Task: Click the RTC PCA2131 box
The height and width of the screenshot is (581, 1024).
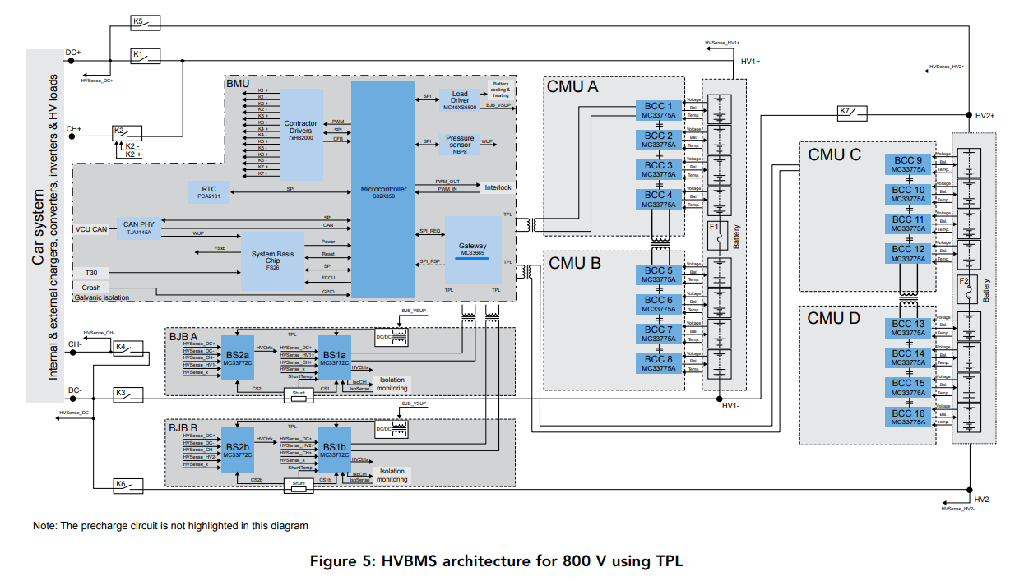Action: click(209, 191)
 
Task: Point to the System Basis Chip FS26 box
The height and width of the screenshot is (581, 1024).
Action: click(272, 260)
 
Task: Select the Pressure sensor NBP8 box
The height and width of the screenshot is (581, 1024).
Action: click(460, 145)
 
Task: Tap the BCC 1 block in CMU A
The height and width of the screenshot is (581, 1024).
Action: click(658, 111)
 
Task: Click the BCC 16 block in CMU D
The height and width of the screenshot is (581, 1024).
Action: click(908, 417)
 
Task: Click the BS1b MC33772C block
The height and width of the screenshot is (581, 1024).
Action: click(335, 450)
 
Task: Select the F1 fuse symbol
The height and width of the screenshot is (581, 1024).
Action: click(715, 233)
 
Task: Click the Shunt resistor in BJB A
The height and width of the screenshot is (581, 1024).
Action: click(299, 395)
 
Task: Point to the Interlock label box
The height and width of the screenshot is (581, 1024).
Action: click(498, 187)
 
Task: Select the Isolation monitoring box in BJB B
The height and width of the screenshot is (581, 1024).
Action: click(392, 475)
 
